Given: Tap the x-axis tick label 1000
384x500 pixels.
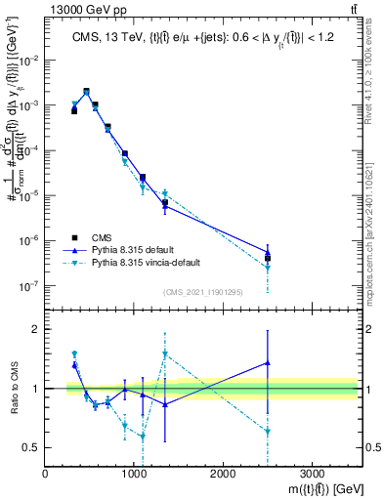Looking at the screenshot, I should tap(134, 473).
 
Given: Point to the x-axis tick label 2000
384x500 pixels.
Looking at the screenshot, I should tap(223, 473).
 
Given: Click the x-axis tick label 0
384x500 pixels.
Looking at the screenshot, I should tap(46, 473).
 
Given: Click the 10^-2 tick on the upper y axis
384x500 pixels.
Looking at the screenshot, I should tap(29, 60).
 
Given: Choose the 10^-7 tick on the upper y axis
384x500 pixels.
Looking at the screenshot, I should tap(29, 286).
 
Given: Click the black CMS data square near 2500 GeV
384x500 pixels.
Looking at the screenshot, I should tap(268, 259).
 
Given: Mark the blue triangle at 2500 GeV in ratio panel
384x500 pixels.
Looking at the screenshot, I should tap(268, 363).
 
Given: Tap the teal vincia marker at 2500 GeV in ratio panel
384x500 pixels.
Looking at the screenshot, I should tap(268, 431).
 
